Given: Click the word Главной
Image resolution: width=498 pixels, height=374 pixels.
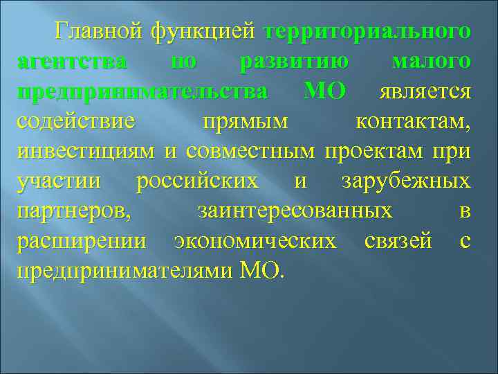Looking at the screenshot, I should (x=100, y=32).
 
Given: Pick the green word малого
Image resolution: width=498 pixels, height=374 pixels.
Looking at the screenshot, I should (x=431, y=62).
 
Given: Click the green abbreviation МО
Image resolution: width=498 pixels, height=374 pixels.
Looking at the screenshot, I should (x=325, y=92).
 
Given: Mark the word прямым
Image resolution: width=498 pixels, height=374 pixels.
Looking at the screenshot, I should (x=244, y=122).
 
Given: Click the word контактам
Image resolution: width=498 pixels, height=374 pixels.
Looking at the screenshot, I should (x=413, y=122).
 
